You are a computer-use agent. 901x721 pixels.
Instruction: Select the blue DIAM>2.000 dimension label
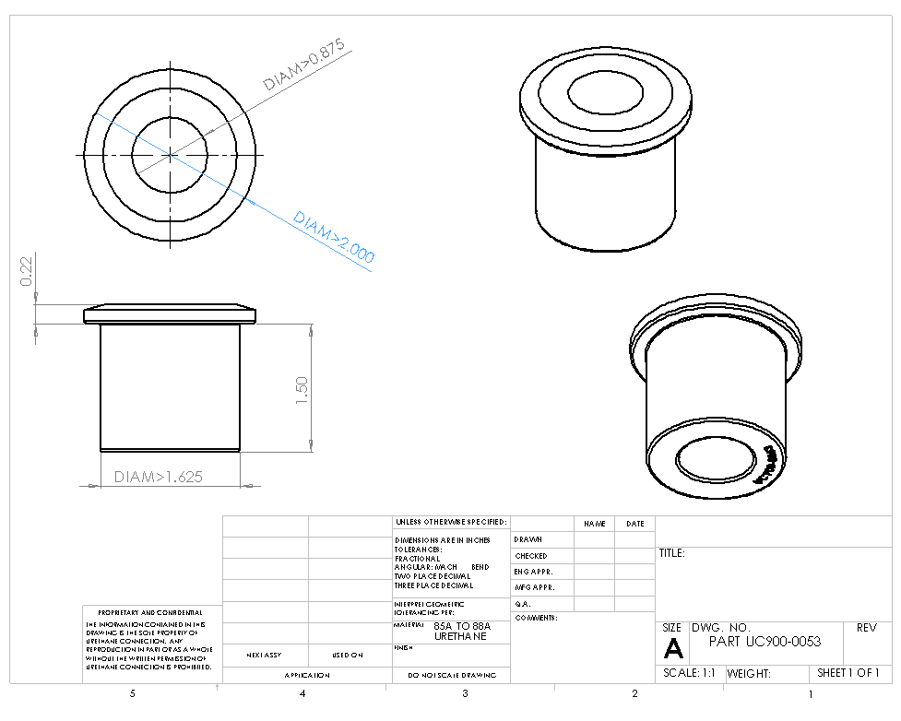click(333, 237)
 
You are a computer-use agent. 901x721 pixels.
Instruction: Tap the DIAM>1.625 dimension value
click(158, 477)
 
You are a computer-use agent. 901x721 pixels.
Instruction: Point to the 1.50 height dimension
click(301, 389)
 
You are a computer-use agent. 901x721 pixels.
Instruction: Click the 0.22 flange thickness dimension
click(27, 271)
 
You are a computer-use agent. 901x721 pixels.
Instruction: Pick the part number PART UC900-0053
click(765, 642)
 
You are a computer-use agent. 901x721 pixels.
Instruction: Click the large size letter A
click(673, 648)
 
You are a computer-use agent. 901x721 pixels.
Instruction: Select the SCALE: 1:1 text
click(689, 673)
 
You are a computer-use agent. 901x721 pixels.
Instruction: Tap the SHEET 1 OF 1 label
click(848, 673)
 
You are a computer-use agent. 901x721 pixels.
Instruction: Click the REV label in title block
click(866, 628)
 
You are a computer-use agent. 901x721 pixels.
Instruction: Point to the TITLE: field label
click(670, 554)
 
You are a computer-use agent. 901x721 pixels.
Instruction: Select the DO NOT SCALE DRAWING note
click(451, 676)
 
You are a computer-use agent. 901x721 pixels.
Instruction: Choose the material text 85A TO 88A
click(462, 626)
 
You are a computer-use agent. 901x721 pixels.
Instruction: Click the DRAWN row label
click(528, 539)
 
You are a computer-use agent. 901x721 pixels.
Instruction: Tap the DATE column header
click(634, 524)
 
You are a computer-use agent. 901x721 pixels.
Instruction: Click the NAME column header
click(594, 524)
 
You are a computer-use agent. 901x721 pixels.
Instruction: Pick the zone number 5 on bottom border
click(133, 693)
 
